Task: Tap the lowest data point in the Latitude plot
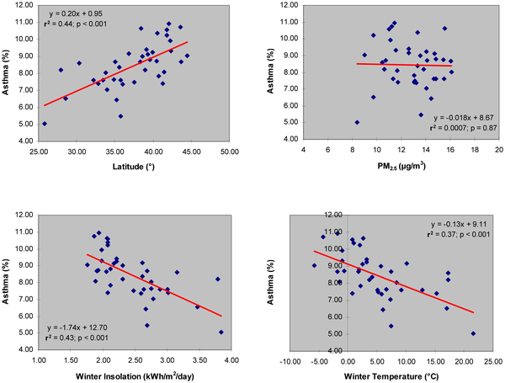[x=44, y=123]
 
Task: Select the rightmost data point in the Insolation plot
[x=221, y=332]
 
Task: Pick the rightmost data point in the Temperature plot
[x=473, y=332]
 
